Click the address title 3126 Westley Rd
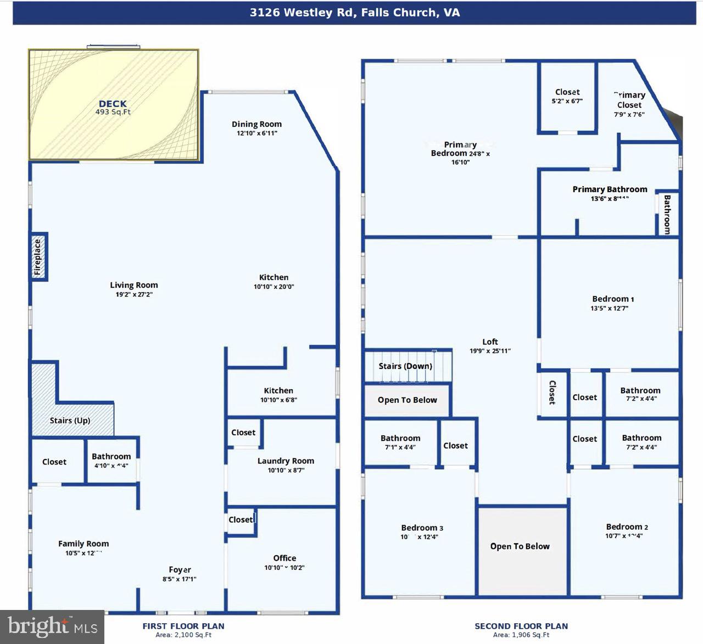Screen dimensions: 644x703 pyautogui.click(x=354, y=13)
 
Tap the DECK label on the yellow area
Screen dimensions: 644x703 pyautogui.click(x=113, y=104)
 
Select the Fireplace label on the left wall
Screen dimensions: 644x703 pyautogui.click(x=38, y=257)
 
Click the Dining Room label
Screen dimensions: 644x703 pyautogui.click(x=256, y=124)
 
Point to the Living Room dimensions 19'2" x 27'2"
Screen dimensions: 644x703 pyautogui.click(x=133, y=295)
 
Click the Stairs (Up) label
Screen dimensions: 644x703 pyautogui.click(x=70, y=421)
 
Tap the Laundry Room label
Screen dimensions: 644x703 pyautogui.click(x=286, y=461)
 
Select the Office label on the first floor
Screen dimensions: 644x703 pyautogui.click(x=284, y=558)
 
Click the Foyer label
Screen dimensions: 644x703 pyautogui.click(x=180, y=570)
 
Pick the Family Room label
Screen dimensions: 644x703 pyautogui.click(x=83, y=544)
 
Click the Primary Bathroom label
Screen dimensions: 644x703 pyautogui.click(x=610, y=189)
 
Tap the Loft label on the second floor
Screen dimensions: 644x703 pyautogui.click(x=490, y=341)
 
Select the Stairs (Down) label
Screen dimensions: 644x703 pyautogui.click(x=405, y=366)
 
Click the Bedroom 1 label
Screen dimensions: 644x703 pyautogui.click(x=613, y=299)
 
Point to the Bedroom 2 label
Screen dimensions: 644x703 pyautogui.click(x=627, y=527)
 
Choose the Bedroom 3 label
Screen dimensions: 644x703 pyautogui.click(x=422, y=528)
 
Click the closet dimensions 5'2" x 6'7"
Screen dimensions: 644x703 pyautogui.click(x=567, y=101)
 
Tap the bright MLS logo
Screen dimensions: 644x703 pyautogui.click(x=52, y=626)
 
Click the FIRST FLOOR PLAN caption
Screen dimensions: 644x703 pyautogui.click(x=183, y=626)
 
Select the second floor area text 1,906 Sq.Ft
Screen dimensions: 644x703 pyautogui.click(x=521, y=635)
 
